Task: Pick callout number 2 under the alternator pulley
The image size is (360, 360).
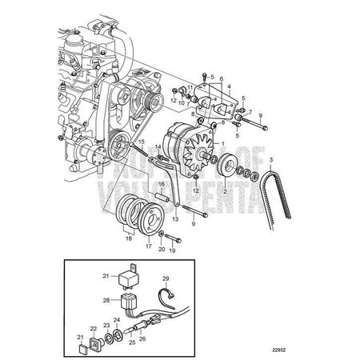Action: pyautogui.click(x=225, y=192)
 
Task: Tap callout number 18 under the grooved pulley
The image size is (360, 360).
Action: pyautogui.click(x=126, y=238)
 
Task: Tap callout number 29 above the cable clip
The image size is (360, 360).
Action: pyautogui.click(x=166, y=279)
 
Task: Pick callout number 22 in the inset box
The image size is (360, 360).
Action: pyautogui.click(x=94, y=329)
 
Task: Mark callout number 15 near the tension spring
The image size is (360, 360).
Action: pyautogui.click(x=140, y=142)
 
